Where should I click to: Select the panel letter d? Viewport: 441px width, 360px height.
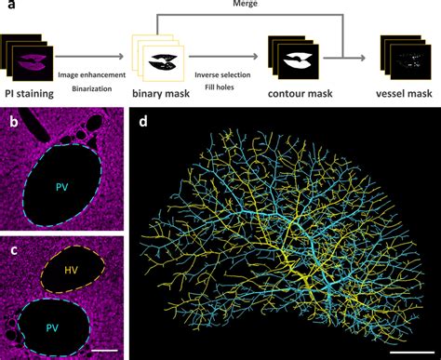tap(141, 121)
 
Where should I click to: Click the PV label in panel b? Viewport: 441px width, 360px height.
tap(63, 187)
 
